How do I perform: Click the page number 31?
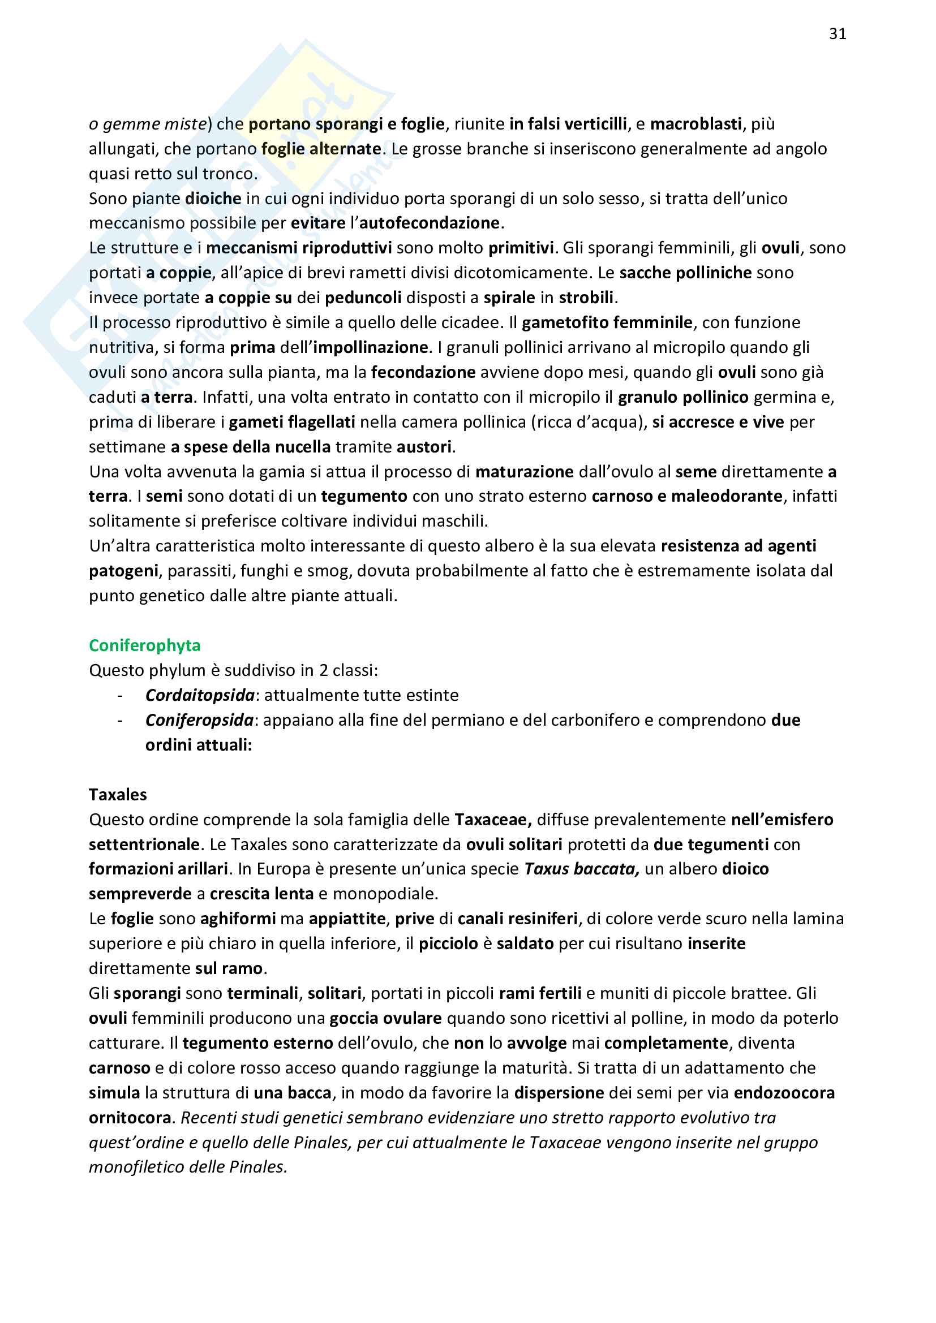click(x=838, y=34)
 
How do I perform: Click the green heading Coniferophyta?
click(x=145, y=645)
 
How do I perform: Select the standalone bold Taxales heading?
click(x=118, y=795)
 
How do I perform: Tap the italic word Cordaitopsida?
click(x=199, y=695)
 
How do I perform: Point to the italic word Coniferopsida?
click(x=199, y=719)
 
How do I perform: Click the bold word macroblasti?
click(x=695, y=124)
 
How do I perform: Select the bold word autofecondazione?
click(x=431, y=223)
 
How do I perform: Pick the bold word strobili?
click(x=587, y=298)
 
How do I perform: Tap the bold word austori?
click(x=424, y=447)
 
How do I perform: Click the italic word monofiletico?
click(x=136, y=1167)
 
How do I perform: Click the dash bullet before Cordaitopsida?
click(x=120, y=695)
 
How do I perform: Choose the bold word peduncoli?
click(x=363, y=298)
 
